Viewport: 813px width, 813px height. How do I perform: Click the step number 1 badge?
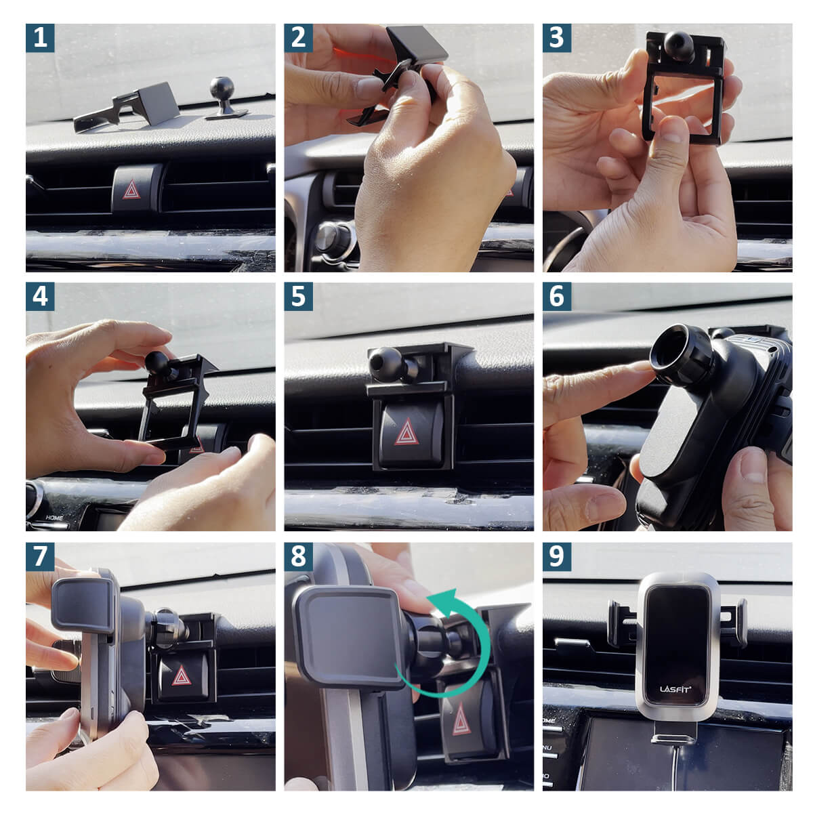[x=40, y=38]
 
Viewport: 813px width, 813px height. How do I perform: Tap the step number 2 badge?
[x=298, y=38]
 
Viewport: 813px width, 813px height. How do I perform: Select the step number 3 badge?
[x=556, y=38]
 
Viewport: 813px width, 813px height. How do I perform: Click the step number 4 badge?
[x=40, y=297]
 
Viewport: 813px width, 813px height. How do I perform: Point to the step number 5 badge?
[x=298, y=297]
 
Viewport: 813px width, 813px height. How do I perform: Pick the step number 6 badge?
[x=556, y=297]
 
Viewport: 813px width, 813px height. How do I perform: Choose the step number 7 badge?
[x=40, y=556]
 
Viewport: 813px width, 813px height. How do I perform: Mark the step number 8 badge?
[x=298, y=556]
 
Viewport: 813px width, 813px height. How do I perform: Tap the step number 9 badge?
[x=556, y=556]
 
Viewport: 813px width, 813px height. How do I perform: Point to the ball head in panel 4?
[x=157, y=362]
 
